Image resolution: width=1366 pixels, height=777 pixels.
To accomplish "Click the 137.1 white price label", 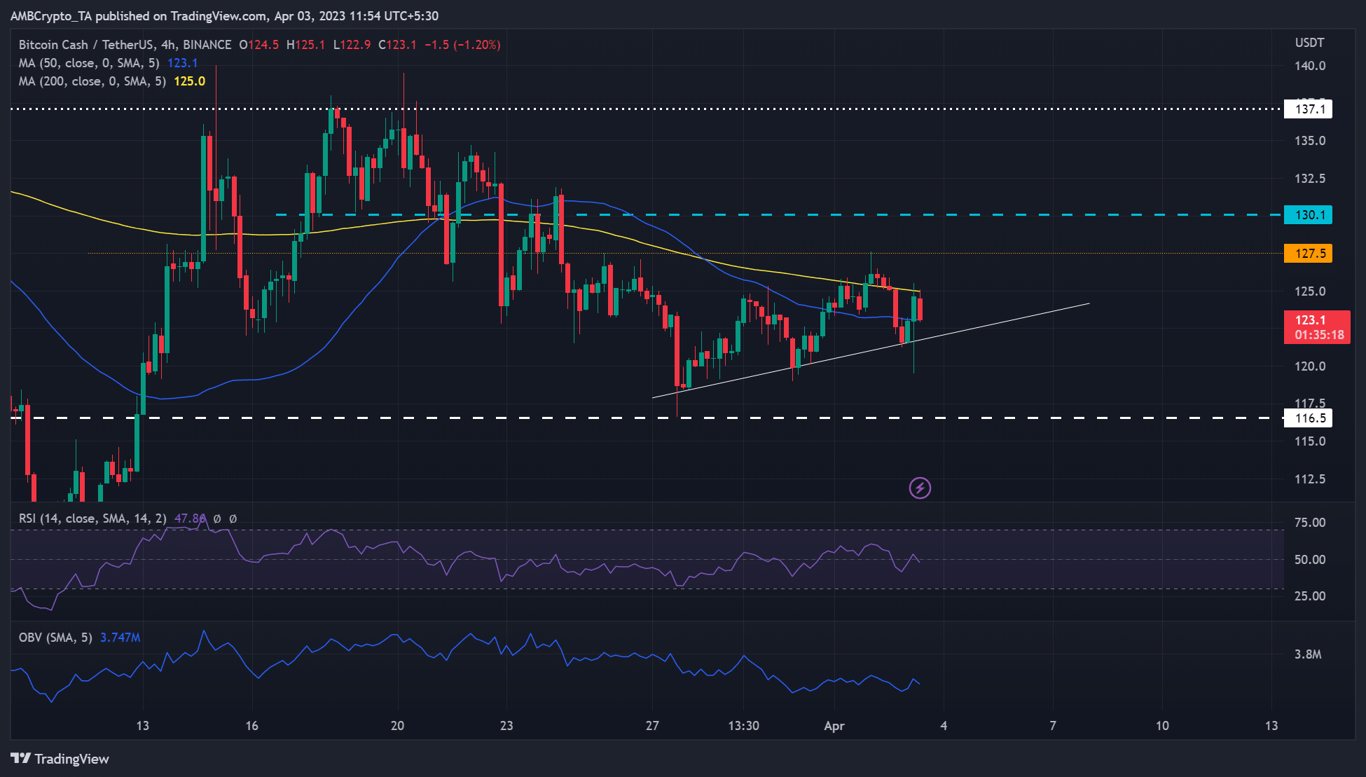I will [x=1308, y=109].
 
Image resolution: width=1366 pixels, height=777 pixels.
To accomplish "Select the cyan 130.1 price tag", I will [x=1308, y=215].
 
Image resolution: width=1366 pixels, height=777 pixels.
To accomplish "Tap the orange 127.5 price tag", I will [x=1308, y=254].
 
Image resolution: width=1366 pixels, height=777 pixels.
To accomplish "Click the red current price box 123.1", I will [x=1316, y=327].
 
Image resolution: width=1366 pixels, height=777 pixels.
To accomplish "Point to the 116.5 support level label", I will [x=1308, y=418].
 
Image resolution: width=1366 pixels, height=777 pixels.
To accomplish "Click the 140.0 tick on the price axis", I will [x=1309, y=66].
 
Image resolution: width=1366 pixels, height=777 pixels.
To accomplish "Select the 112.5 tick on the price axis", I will [x=1309, y=479].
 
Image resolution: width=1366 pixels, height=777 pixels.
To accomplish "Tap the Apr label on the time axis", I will [x=834, y=726].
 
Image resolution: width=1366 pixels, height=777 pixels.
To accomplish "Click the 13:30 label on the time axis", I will [x=743, y=726].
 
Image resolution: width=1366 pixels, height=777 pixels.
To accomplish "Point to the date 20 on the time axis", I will [x=397, y=726].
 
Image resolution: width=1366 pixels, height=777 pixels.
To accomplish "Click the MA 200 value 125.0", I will [x=189, y=81].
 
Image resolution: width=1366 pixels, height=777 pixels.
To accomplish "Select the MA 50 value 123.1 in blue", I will [x=182, y=63].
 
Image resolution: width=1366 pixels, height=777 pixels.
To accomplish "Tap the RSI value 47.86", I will [x=190, y=518].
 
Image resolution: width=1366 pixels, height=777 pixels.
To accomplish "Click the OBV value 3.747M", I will [x=120, y=638].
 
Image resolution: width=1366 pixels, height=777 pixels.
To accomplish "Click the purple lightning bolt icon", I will [x=920, y=488].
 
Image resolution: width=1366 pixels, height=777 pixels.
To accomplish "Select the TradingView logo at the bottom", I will [x=60, y=759].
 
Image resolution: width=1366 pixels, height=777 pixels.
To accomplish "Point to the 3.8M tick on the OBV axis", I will [x=1307, y=654].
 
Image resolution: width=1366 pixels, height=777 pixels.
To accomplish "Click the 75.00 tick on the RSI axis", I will [x=1309, y=523].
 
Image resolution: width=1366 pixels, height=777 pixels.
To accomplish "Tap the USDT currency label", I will [x=1309, y=43].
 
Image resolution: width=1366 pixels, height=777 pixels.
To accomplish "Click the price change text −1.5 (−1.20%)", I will [x=462, y=45].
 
